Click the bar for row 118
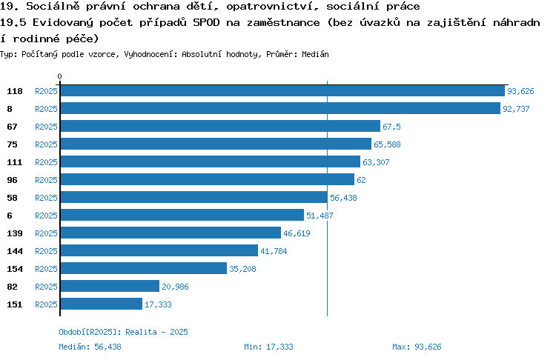(x=282, y=90)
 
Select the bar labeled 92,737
(x=280, y=108)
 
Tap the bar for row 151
(x=102, y=304)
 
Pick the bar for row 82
(x=110, y=286)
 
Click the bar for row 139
(x=171, y=233)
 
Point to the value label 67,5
(x=391, y=127)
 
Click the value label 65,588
(x=387, y=144)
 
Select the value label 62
(x=361, y=180)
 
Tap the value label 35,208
(x=242, y=269)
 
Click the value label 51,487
(x=320, y=216)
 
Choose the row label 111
(x=15, y=162)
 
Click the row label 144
(x=15, y=251)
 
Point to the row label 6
(x=10, y=216)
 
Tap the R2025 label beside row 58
(x=46, y=198)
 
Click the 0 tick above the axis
(x=59, y=76)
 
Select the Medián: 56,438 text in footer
(x=90, y=347)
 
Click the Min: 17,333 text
(x=268, y=347)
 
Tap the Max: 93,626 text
(x=417, y=347)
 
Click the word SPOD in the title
(x=206, y=22)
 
